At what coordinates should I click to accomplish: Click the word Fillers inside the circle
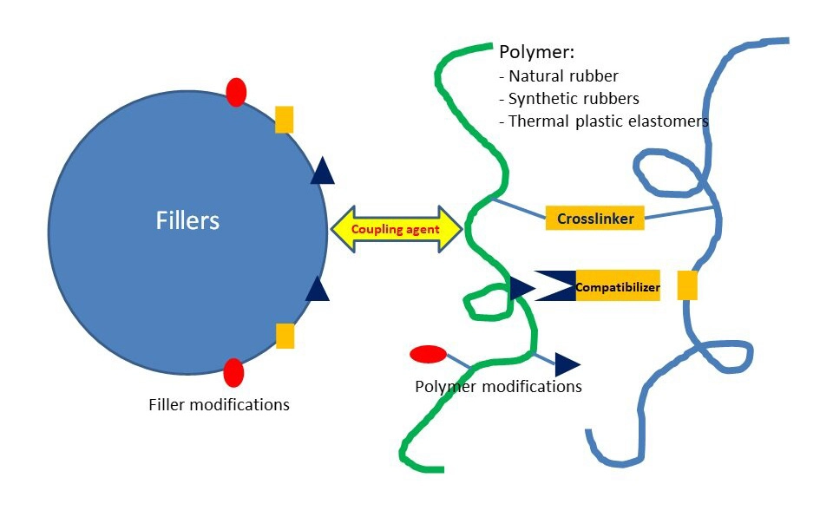click(187, 220)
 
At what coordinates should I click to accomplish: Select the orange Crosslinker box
click(595, 218)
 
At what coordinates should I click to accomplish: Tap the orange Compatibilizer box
click(617, 286)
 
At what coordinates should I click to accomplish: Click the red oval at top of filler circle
click(236, 92)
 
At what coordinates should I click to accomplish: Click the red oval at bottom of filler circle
click(233, 372)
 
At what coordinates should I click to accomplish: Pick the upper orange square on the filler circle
click(284, 120)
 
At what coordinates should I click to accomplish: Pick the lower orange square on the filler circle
click(285, 336)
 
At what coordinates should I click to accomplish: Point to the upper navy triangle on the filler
click(322, 172)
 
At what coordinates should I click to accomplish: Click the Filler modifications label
click(219, 404)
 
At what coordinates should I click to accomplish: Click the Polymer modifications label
click(498, 386)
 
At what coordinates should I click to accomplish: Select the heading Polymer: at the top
click(532, 52)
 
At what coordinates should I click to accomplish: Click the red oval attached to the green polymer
click(428, 354)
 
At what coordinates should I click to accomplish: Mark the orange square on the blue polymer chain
click(687, 285)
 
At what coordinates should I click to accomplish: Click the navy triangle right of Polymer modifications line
click(567, 364)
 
